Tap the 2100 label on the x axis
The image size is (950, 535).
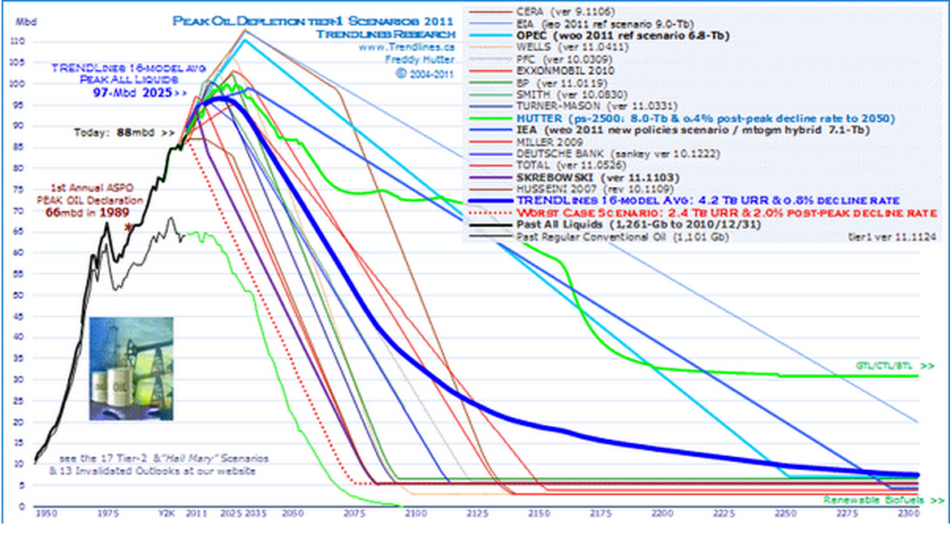pyautogui.click(x=416, y=515)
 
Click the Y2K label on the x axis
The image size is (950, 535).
pyautogui.click(x=167, y=515)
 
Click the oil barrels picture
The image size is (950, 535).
pyautogui.click(x=130, y=368)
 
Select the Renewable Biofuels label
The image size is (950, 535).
pyautogui.click(x=879, y=500)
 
